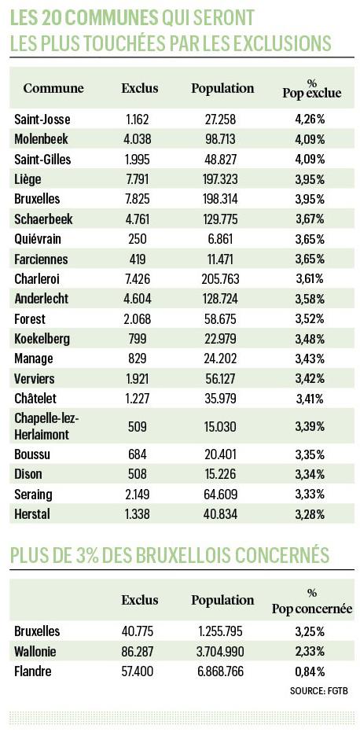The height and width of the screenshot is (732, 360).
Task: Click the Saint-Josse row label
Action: pyautogui.click(x=42, y=119)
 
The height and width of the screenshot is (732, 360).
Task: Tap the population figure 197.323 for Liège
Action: pyautogui.click(x=221, y=178)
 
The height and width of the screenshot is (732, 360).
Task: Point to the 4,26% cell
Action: pyautogui.click(x=310, y=119)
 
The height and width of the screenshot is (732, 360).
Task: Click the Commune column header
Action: pyautogui.click(x=53, y=88)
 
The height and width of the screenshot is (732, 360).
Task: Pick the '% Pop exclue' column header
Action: pyautogui.click(x=312, y=88)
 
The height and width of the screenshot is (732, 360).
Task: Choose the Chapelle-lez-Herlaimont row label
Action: pyautogui.click(x=46, y=426)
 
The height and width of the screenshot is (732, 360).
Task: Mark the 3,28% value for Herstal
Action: pyautogui.click(x=310, y=514)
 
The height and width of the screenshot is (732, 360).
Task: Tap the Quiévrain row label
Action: pyautogui.click(x=38, y=239)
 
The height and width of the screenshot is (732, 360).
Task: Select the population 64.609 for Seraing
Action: pyautogui.click(x=221, y=494)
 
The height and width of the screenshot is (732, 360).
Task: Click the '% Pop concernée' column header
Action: pyautogui.click(x=312, y=601)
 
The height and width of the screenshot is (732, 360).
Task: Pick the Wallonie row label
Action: pyautogui.click(x=35, y=651)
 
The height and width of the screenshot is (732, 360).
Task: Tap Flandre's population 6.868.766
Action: pyautogui.click(x=221, y=671)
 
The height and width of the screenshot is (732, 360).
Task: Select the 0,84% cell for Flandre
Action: pyautogui.click(x=310, y=671)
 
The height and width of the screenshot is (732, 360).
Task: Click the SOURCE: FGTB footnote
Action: pyautogui.click(x=319, y=690)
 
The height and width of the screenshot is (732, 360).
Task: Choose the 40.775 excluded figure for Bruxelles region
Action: pyautogui.click(x=138, y=631)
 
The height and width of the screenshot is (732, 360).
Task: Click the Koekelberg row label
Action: pyautogui.click(x=42, y=338)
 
